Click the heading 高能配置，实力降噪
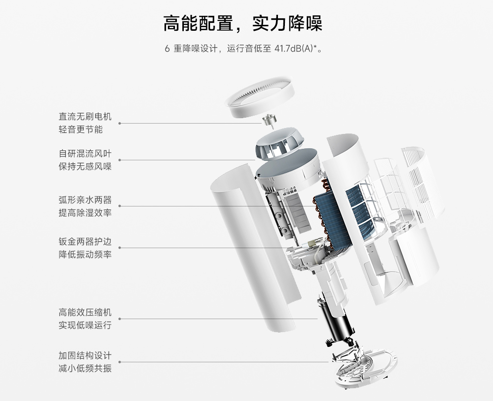click(243, 23)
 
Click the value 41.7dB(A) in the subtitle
click(294, 49)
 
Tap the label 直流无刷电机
click(85, 117)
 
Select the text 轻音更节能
click(80, 130)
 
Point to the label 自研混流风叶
click(85, 153)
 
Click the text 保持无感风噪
click(85, 166)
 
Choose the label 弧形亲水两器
click(85, 200)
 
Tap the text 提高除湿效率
click(85, 213)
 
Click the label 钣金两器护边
click(85, 242)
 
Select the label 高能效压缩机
click(85, 313)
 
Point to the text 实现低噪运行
click(85, 326)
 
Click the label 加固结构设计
click(85, 356)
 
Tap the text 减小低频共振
click(85, 369)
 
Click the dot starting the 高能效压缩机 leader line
click(119, 319)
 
